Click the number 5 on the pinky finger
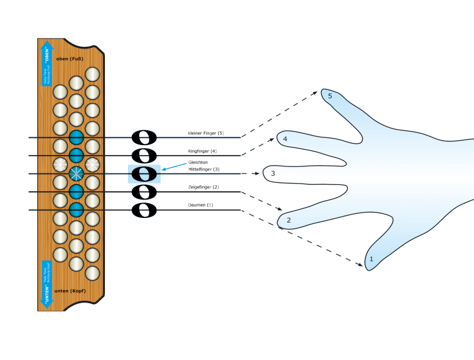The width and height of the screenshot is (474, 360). point(330,97)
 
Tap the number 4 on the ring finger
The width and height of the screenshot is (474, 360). point(285,140)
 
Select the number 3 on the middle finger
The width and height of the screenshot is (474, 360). point(273,174)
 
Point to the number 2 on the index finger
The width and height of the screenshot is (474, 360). point(289,221)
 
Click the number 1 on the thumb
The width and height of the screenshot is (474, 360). point(371,259)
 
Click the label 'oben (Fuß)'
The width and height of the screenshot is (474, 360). point(70,59)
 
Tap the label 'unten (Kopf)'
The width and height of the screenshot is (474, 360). point(70,291)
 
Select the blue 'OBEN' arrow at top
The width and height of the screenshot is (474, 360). point(47,63)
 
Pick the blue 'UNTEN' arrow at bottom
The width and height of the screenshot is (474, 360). point(47,284)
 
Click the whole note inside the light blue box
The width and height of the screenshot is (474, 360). point(144,174)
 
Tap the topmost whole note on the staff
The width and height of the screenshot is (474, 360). point(144,138)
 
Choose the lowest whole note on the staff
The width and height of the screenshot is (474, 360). point(144,210)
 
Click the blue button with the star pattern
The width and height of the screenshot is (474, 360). point(76,173)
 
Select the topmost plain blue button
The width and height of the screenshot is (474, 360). point(76,137)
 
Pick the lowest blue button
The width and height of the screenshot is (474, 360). point(76,210)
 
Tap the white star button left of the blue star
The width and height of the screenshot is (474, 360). point(60,165)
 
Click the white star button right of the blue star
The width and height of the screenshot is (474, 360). point(92,165)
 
